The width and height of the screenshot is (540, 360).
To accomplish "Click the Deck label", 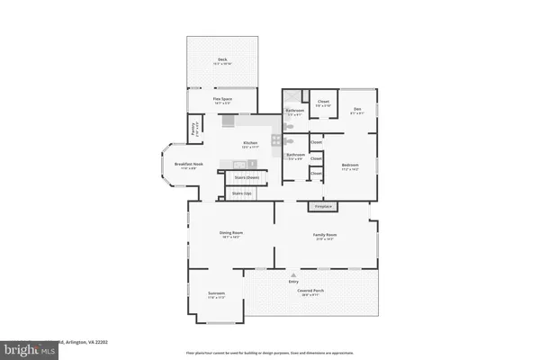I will point(221,60).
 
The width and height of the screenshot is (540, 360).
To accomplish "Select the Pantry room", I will point(194,129).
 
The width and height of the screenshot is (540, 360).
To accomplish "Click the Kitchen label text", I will point(249,142).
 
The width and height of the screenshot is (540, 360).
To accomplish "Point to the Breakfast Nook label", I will point(175,165).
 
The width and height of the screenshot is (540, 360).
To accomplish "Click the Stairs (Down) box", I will point(239,177).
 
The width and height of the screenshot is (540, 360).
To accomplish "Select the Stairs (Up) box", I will point(241,193).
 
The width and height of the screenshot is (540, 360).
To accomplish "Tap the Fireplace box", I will point(322,207).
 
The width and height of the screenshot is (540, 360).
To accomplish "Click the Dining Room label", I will point(231,233).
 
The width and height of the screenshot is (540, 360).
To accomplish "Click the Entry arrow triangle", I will point(292,274).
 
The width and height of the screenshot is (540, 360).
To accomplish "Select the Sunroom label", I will point(216,293).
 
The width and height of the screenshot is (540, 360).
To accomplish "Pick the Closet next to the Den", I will point(323,103).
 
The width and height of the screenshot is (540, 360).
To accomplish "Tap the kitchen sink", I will point(238,164).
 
